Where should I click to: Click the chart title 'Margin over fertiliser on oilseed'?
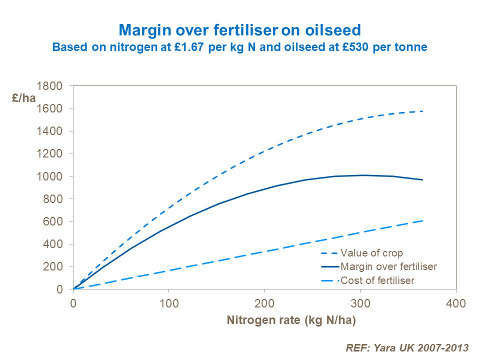point(239,30)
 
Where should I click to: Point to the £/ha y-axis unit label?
point(24,97)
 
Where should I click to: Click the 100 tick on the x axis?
point(168,303)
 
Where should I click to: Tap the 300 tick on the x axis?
point(359,303)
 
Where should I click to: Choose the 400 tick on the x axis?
point(455,303)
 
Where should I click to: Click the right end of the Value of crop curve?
point(423,111)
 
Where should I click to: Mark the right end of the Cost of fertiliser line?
point(423,220)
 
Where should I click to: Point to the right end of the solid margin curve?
point(423,179)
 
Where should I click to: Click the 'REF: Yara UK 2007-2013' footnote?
point(407,347)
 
